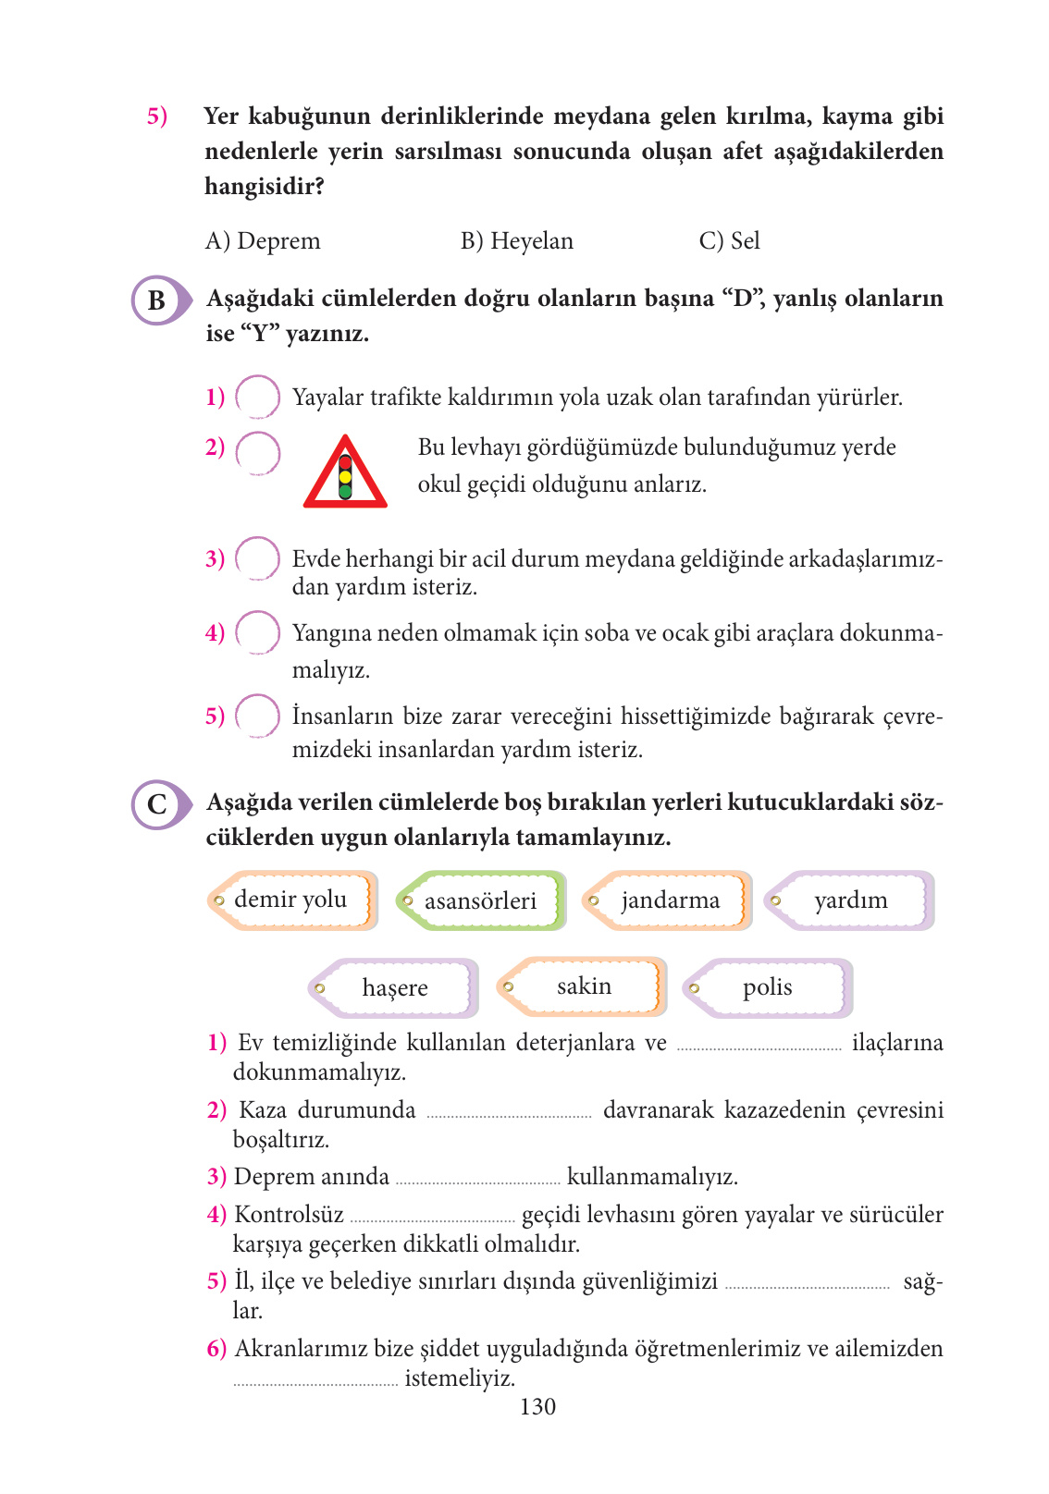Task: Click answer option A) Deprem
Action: [x=263, y=241]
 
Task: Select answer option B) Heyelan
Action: [x=517, y=241]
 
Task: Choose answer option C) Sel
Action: [x=730, y=241]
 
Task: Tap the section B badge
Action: [x=158, y=300]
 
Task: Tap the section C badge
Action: [x=158, y=803]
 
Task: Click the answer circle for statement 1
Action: [x=258, y=398]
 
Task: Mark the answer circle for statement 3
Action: [x=258, y=558]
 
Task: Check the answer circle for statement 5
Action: [x=258, y=716]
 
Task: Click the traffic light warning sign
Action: [x=345, y=473]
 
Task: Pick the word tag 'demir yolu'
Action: [x=291, y=900]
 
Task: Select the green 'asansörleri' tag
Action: [x=480, y=900]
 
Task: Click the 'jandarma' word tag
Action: [x=668, y=900]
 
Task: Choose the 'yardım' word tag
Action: [x=850, y=900]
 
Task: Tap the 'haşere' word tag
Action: [x=394, y=988]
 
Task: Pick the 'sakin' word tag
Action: [x=583, y=986]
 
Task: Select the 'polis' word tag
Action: [x=768, y=988]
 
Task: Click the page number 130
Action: [x=537, y=1407]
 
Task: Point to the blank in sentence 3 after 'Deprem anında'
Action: [x=477, y=1182]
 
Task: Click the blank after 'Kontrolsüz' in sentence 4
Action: [x=432, y=1219]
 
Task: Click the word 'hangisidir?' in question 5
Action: [x=265, y=187]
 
